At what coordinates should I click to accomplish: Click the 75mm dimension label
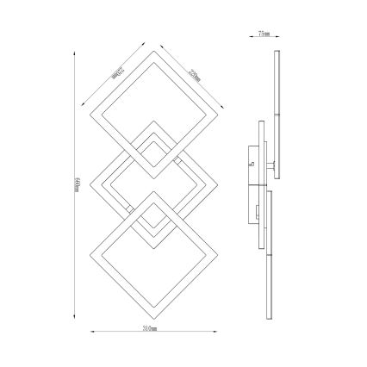[264, 34]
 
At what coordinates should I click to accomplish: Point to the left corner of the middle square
[90, 183]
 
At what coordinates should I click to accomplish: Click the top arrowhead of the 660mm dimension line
[74, 51]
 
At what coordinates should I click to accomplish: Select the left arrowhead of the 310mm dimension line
[92, 330]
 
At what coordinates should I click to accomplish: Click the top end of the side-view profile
[277, 52]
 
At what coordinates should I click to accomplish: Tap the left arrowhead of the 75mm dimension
[252, 37]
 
